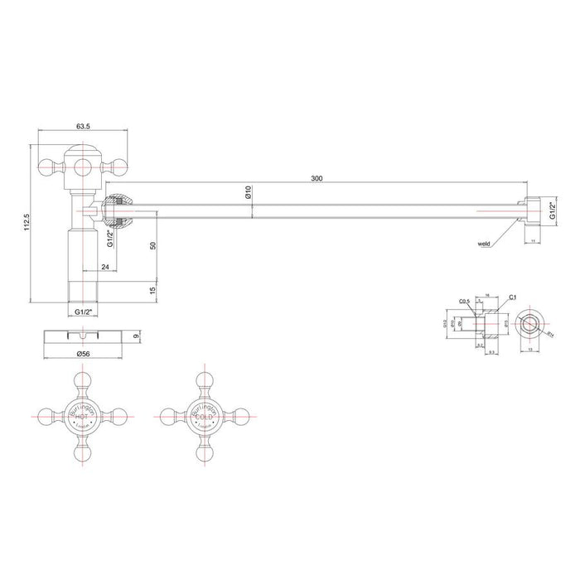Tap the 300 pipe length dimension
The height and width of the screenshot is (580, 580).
[x=317, y=178]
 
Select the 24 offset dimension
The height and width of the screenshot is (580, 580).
[x=105, y=267]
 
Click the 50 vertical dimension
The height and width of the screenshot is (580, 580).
[x=153, y=246]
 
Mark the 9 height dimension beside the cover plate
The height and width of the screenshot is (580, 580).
[x=138, y=336]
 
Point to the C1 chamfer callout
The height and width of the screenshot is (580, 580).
[x=513, y=296]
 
